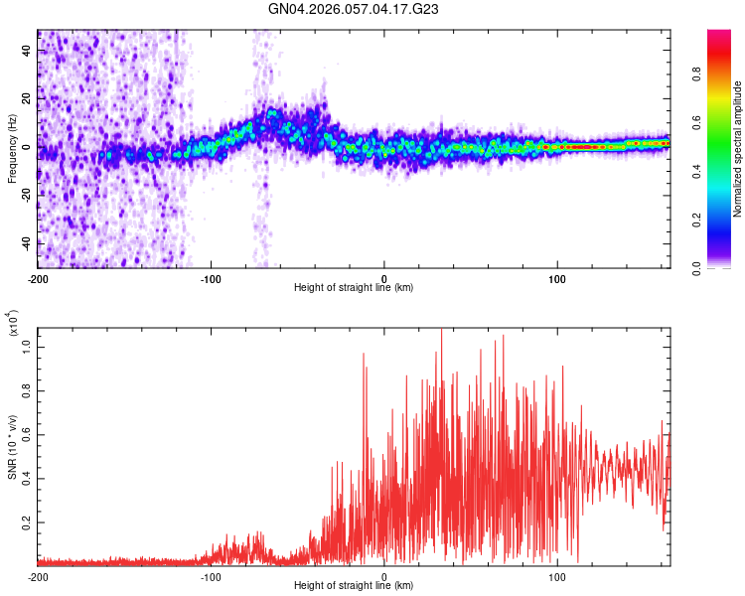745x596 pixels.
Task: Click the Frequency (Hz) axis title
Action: [12, 149]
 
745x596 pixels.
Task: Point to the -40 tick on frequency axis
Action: [25, 242]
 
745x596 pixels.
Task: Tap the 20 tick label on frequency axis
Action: [27, 98]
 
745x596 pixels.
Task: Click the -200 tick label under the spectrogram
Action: [39, 279]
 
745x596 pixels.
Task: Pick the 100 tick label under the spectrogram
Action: [557, 279]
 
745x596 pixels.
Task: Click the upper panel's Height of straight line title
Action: [354, 288]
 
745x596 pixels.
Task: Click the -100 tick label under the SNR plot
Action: [211, 576]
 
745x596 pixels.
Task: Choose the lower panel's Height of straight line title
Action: [354, 586]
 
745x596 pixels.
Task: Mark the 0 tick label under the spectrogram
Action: [384, 279]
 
